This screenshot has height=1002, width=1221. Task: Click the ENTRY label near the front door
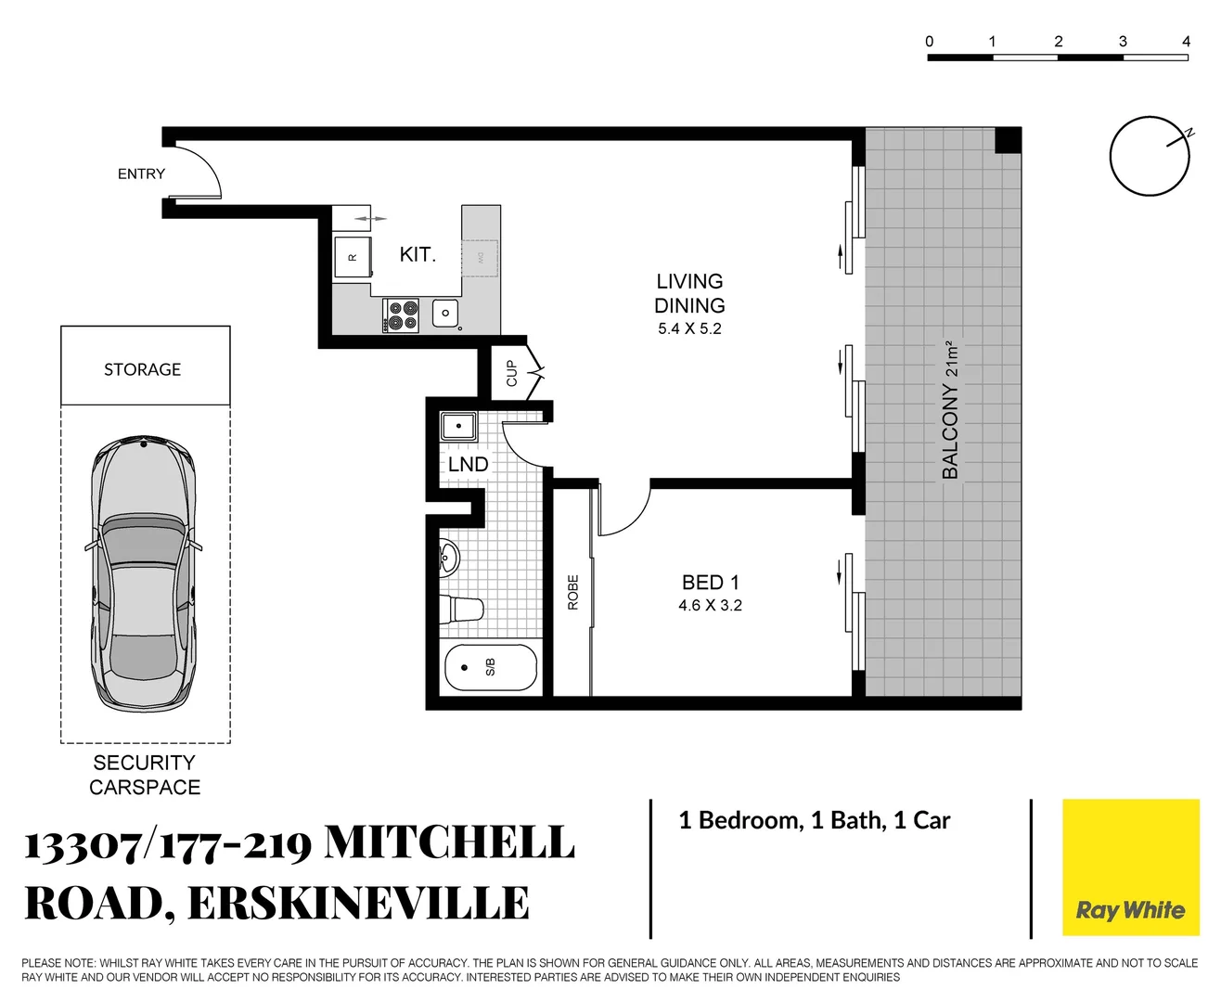click(x=141, y=174)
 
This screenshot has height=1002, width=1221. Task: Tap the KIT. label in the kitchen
click(x=418, y=254)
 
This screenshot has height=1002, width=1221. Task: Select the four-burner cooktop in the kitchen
click(x=403, y=315)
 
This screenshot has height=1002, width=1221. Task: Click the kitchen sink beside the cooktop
click(x=445, y=314)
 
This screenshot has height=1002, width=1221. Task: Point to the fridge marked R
click(x=353, y=257)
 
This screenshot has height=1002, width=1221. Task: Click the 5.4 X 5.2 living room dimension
click(x=689, y=329)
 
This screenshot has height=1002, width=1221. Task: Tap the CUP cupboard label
click(x=511, y=373)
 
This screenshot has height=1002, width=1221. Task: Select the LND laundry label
click(x=468, y=465)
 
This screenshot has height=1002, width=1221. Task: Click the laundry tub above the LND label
click(x=458, y=427)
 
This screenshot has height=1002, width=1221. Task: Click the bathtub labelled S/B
click(x=491, y=667)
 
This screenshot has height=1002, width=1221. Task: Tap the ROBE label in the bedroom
click(x=572, y=592)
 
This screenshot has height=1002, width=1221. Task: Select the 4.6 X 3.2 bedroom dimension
click(x=710, y=606)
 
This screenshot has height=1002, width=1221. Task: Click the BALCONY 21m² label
click(x=950, y=409)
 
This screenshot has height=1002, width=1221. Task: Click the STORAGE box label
click(x=143, y=369)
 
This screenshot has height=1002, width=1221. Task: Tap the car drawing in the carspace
click(x=144, y=572)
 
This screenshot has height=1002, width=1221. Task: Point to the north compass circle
click(x=1150, y=156)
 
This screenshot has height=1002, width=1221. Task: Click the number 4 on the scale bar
click(x=1186, y=42)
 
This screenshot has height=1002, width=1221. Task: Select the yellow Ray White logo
click(x=1130, y=867)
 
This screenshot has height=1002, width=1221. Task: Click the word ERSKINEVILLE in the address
click(x=358, y=904)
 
